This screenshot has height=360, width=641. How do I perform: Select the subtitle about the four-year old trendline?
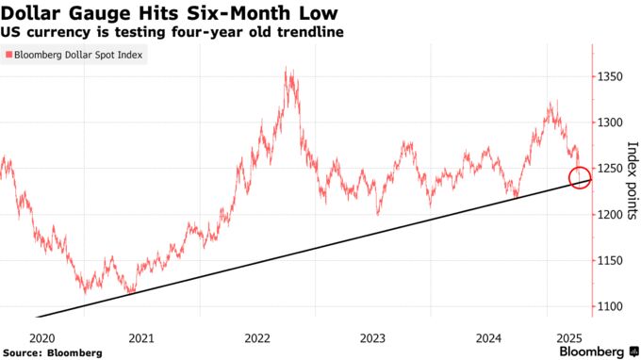click(x=173, y=32)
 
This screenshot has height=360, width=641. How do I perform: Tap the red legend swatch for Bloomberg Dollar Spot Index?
click(x=8, y=56)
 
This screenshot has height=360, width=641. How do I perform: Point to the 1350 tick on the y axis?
click(x=611, y=76)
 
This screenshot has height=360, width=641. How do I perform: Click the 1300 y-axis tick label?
click(x=611, y=123)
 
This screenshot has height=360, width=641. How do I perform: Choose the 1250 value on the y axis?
click(x=611, y=169)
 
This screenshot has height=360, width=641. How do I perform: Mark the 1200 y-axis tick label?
click(x=611, y=215)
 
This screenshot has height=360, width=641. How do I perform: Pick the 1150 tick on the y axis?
click(x=611, y=261)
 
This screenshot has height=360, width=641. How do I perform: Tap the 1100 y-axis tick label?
click(x=611, y=307)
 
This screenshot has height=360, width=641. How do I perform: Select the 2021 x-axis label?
click(x=141, y=337)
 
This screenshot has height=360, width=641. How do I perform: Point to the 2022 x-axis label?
click(x=257, y=337)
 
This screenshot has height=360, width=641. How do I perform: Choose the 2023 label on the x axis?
click(x=373, y=337)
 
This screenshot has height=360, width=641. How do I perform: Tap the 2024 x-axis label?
click(x=489, y=337)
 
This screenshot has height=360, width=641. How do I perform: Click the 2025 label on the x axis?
click(x=568, y=337)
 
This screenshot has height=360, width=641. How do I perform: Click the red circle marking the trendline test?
click(x=581, y=177)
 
